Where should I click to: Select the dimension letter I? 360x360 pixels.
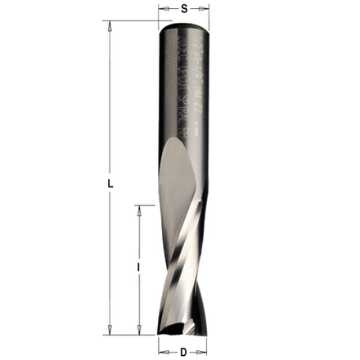tap(139, 268)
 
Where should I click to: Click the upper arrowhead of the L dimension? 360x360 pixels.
tap(109, 25)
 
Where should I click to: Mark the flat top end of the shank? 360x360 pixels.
tap(183, 24)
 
